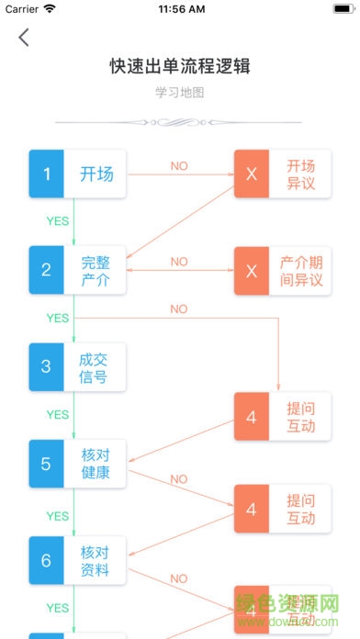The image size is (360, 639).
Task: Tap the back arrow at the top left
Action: coord(24,38)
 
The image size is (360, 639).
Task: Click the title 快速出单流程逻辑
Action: coord(180,66)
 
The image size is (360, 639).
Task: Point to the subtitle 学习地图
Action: coord(180,93)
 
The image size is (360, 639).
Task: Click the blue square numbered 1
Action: coord(47,174)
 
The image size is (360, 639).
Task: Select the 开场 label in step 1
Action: coord(96,174)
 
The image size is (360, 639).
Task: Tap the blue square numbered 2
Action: coord(47,270)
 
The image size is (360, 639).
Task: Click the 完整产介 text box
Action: coord(96,270)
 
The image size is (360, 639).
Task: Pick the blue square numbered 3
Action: coord(47,367)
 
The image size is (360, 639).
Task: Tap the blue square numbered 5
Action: coord(47,464)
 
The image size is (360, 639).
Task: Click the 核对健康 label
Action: coord(96,464)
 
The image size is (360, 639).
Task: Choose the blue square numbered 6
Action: coord(47,560)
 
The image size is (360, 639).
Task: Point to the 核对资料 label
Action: coord(96,560)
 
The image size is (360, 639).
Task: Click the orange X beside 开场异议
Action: coord(252,174)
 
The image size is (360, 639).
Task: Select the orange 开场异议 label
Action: coord(300,174)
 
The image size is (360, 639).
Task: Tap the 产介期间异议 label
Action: coord(300,270)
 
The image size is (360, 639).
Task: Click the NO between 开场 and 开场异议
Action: coord(179,166)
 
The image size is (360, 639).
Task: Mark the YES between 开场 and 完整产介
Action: coord(58,221)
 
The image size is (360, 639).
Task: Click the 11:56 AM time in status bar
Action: coord(181,9)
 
